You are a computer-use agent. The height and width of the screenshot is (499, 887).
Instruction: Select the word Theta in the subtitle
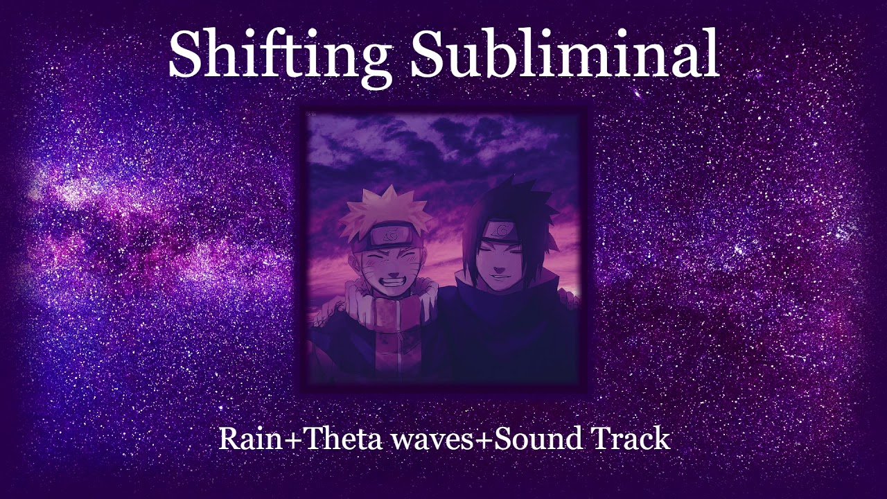click(x=342, y=439)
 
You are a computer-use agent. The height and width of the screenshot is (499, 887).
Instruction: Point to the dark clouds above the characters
click(x=443, y=139)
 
